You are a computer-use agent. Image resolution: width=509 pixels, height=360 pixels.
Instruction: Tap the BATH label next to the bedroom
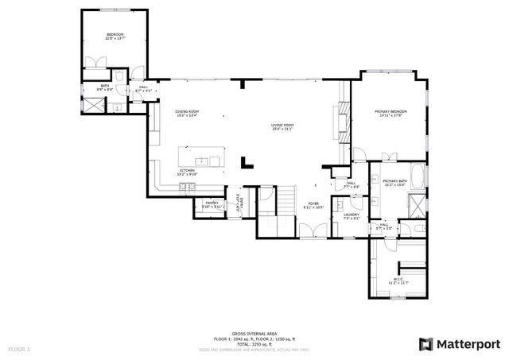coord(105,85)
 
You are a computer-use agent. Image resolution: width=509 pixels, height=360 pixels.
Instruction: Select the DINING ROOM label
coord(186,112)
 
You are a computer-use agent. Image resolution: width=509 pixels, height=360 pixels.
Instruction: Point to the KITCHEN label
coord(186,170)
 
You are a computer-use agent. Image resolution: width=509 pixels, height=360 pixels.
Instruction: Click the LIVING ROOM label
coord(283,125)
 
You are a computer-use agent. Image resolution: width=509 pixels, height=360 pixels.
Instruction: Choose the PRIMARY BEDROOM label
coord(391,112)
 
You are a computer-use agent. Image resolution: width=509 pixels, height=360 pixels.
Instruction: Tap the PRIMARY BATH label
coord(394,182)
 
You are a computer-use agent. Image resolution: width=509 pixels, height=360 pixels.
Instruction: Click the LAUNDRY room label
coord(352,215)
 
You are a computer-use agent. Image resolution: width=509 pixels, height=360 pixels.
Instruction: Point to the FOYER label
coord(314,204)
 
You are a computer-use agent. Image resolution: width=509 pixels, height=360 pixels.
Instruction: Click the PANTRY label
coord(212,203)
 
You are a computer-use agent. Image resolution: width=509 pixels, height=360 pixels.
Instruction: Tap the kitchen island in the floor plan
coord(202,158)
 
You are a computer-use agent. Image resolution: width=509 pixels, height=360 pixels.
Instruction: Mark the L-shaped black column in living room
coord(247,162)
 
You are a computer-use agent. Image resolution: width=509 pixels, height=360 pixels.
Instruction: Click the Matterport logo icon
coord(425,343)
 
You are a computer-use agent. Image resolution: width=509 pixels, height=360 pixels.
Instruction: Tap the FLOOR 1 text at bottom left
coord(18,349)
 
